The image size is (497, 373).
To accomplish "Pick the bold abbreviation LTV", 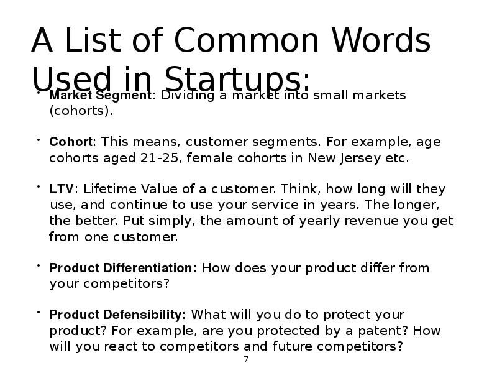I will click(x=62, y=189).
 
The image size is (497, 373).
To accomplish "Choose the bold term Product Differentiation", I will click(x=121, y=268).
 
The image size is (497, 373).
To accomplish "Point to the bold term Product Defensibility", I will click(x=116, y=315).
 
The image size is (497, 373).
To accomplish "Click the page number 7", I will click(x=246, y=359).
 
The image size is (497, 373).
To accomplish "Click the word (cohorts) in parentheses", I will click(x=81, y=111).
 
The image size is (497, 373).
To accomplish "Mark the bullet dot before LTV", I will click(x=37, y=187).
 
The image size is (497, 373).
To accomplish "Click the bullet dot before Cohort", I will click(x=37, y=140).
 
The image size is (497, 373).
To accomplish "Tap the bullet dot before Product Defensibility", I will click(x=37, y=313).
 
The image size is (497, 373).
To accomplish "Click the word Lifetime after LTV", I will click(x=107, y=189).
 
